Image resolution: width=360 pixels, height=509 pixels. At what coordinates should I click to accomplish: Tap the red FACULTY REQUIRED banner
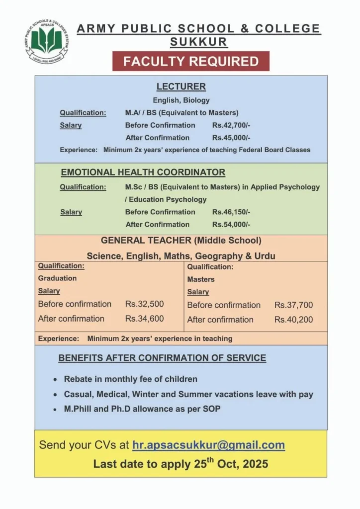191,61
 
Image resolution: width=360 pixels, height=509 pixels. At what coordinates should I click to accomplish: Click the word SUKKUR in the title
199,42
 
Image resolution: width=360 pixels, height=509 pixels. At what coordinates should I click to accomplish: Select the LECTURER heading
181,86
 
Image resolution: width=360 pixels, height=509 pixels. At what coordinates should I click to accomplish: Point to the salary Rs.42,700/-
231,125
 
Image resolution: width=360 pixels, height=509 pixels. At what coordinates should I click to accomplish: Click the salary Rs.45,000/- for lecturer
231,138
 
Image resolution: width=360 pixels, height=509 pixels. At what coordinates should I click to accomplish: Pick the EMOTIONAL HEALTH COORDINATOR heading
143,172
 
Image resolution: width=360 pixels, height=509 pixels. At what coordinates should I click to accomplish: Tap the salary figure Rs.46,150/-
231,212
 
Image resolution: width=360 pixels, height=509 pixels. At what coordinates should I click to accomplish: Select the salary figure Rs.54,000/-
231,225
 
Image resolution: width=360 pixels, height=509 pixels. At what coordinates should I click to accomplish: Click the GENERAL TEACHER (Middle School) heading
181,241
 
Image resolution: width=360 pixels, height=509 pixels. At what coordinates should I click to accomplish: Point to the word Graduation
58,278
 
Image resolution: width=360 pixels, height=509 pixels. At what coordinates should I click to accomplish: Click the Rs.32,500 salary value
145,304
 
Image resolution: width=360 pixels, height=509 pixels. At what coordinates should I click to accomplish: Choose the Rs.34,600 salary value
145,319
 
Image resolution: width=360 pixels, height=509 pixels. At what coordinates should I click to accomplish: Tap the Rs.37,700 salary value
294,305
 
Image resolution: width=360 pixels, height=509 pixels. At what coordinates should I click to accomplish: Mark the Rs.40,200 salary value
294,320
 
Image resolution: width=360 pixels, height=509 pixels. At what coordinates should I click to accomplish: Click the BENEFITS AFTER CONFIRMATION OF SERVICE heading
162,358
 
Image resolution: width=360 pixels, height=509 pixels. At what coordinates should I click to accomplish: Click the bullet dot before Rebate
55,379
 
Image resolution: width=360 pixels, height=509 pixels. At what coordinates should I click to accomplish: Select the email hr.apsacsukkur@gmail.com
208,445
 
